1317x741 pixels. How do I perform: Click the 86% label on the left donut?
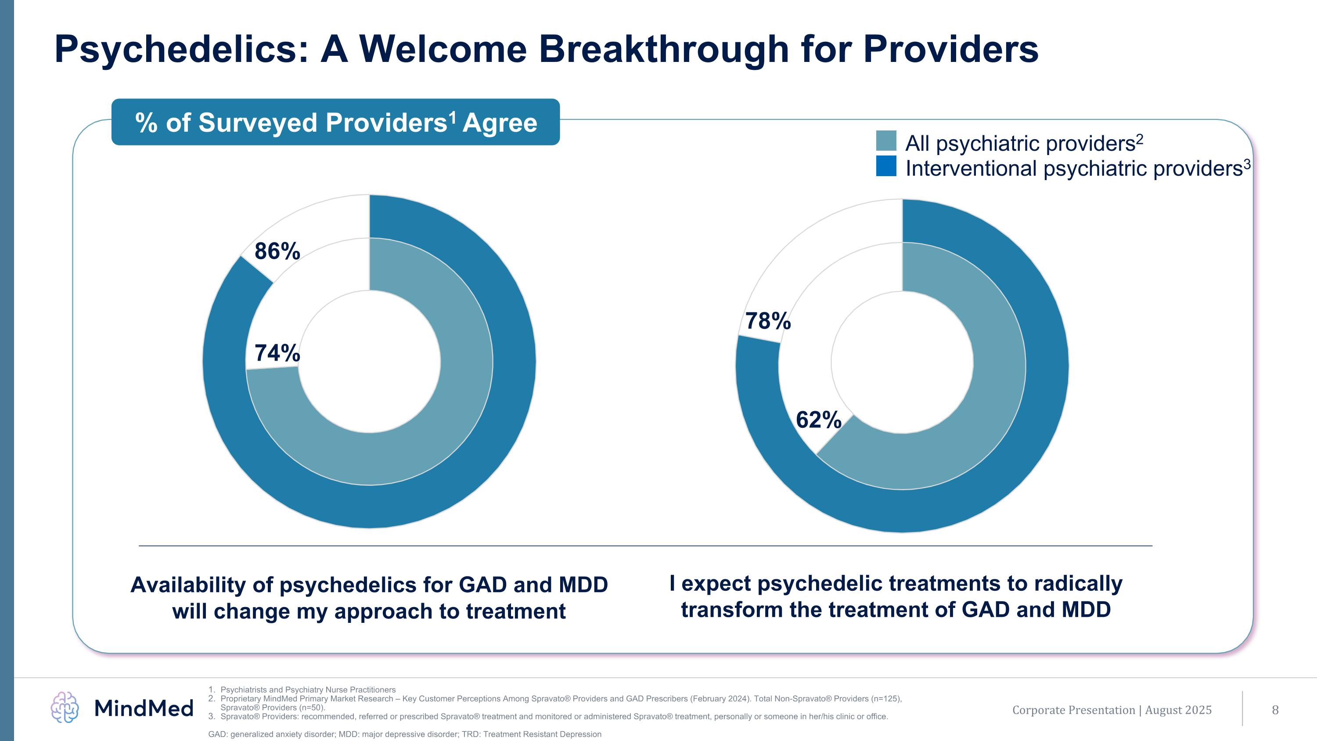click(277, 251)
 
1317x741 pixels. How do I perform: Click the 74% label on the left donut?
click(277, 353)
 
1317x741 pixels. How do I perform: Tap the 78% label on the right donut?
click(768, 321)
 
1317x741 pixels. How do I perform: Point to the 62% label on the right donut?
click(819, 420)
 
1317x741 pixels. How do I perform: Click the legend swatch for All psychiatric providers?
click(886, 141)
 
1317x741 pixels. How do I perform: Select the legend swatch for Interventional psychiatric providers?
click(886, 166)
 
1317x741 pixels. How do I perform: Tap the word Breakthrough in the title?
click(664, 50)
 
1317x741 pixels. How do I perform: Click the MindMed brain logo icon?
click(65, 707)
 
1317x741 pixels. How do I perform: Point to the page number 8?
click(1275, 710)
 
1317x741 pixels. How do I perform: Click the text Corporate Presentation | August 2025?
click(1112, 710)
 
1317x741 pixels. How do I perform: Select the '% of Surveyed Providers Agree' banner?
click(335, 122)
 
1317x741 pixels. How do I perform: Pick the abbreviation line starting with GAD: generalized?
click(404, 734)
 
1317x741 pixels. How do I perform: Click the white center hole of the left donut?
click(369, 361)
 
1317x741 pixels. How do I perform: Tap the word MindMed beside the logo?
click(144, 708)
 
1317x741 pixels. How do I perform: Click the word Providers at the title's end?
click(950, 50)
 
